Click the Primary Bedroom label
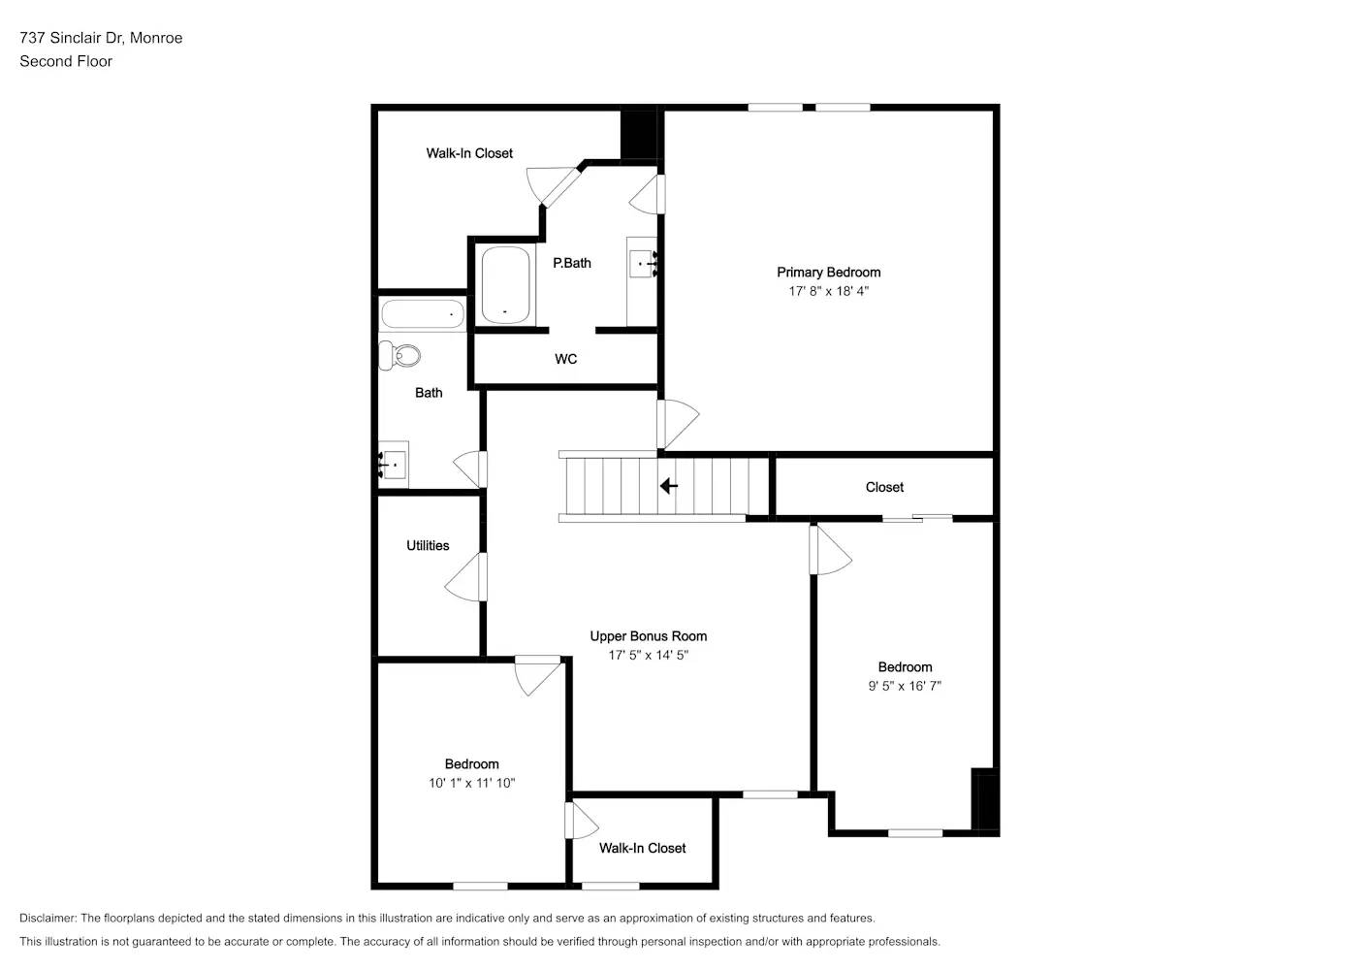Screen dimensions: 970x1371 point(828,273)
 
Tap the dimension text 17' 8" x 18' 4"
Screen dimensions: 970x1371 point(828,291)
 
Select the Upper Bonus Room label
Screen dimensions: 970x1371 point(648,636)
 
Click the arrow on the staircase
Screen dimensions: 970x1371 point(668,485)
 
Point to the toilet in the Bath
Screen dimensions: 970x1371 point(400,356)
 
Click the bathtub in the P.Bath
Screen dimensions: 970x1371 point(505,285)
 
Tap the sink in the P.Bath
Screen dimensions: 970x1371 point(642,264)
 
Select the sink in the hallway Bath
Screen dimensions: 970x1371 point(394,466)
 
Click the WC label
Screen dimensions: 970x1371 point(565,359)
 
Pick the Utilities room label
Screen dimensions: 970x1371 point(428,546)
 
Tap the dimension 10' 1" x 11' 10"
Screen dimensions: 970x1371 point(471,783)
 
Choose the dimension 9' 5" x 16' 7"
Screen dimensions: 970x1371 point(904,686)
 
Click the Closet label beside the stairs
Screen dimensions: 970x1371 point(884,487)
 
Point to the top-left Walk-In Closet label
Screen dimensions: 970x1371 point(469,153)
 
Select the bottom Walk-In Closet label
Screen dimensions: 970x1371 point(642,848)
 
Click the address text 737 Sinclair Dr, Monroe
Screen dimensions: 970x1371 point(101,38)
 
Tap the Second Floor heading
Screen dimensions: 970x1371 point(66,61)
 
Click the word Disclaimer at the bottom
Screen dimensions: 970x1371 point(48,918)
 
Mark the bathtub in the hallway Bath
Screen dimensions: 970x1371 point(423,314)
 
